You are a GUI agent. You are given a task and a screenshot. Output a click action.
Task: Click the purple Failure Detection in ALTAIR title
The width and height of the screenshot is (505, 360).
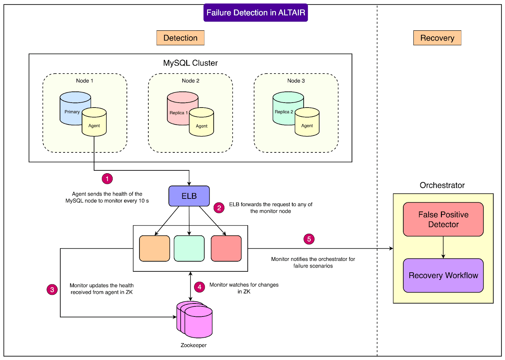[256, 13]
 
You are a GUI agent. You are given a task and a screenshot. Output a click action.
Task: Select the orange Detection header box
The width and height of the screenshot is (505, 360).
[180, 38]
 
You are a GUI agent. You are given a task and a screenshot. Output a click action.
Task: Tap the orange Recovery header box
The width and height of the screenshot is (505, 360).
[437, 38]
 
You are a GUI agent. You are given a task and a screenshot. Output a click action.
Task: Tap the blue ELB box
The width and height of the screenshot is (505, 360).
[189, 196]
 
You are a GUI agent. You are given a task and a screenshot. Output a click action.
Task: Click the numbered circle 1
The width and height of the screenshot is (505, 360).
[107, 179]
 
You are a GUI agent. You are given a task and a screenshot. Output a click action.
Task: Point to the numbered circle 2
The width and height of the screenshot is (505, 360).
[219, 208]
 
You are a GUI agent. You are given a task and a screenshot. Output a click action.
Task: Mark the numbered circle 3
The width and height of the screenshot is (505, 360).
[52, 290]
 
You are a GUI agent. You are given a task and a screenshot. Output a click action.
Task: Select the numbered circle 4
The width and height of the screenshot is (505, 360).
[199, 287]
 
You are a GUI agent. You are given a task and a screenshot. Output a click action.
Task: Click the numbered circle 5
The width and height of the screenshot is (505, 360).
[309, 239]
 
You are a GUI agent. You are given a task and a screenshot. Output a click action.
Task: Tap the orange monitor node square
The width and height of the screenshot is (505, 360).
[155, 249]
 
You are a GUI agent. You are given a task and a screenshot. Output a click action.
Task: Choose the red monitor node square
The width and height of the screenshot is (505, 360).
[226, 249]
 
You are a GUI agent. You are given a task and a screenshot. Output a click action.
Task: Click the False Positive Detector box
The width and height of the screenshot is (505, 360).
[443, 219]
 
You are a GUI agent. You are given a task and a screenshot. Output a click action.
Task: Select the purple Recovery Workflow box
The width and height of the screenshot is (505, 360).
[443, 275]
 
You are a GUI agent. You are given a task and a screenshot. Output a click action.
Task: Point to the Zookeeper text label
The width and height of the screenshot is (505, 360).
[193, 345]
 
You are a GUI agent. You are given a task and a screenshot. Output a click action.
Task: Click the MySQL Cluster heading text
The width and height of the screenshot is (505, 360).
[190, 63]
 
